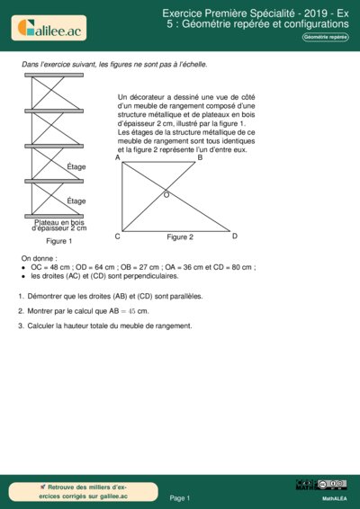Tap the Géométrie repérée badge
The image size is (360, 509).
click(x=325, y=37)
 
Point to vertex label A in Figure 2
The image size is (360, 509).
click(x=118, y=158)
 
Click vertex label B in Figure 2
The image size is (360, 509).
click(x=200, y=158)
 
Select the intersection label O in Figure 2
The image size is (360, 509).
click(x=166, y=194)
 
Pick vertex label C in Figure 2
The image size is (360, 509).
click(x=118, y=237)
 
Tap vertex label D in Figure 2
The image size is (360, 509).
click(x=234, y=236)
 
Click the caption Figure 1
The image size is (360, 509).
click(x=59, y=241)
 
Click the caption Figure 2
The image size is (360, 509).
click(x=180, y=237)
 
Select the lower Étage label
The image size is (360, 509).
click(x=76, y=201)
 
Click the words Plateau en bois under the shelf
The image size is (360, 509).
click(x=58, y=222)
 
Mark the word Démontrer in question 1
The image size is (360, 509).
click(x=48, y=295)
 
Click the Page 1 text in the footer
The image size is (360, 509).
click(x=180, y=497)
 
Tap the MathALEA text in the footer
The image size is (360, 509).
click(x=335, y=497)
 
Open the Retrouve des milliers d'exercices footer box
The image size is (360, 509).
click(x=85, y=491)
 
